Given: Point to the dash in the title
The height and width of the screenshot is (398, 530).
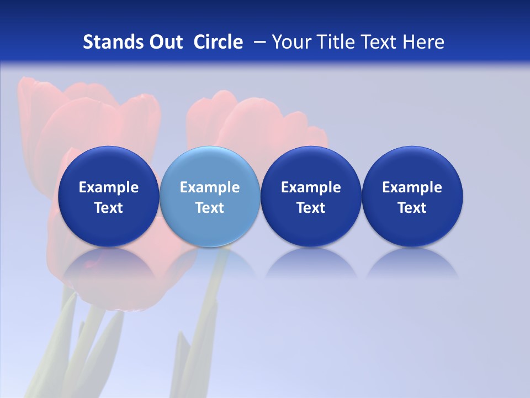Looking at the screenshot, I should pyautogui.click(x=257, y=42).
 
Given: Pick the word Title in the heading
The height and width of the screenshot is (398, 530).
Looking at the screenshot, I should pyautogui.click(x=331, y=42).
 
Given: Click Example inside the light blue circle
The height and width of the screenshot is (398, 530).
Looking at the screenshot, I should pyautogui.click(x=210, y=187).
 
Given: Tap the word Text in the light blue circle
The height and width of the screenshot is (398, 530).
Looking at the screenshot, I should pyautogui.click(x=210, y=208).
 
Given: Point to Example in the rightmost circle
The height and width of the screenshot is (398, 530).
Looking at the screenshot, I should pyautogui.click(x=412, y=187).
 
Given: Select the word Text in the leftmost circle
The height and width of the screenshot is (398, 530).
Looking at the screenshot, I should pyautogui.click(x=108, y=208).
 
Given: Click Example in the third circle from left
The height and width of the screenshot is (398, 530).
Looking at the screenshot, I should pyautogui.click(x=311, y=187).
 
